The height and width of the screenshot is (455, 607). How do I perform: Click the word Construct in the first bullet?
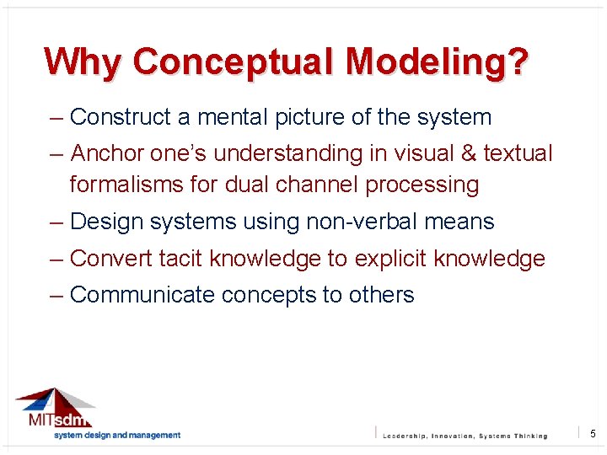[121, 117]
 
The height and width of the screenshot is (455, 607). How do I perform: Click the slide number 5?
[593, 433]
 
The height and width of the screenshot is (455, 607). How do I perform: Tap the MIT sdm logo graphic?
[56, 409]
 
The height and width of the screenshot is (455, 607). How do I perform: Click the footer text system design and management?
[117, 435]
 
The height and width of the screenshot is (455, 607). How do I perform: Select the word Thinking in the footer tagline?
[529, 436]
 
